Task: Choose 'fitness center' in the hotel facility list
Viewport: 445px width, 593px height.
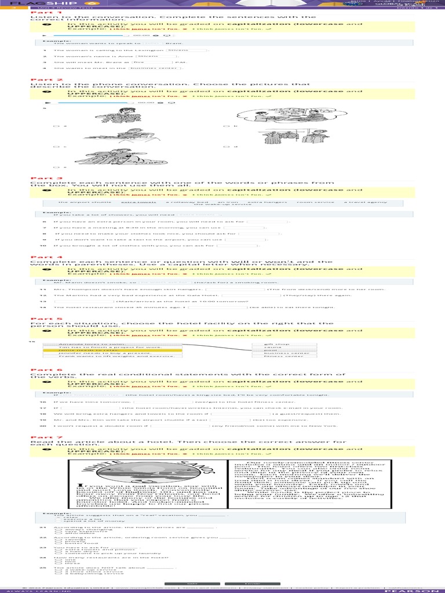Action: pos(282,356)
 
